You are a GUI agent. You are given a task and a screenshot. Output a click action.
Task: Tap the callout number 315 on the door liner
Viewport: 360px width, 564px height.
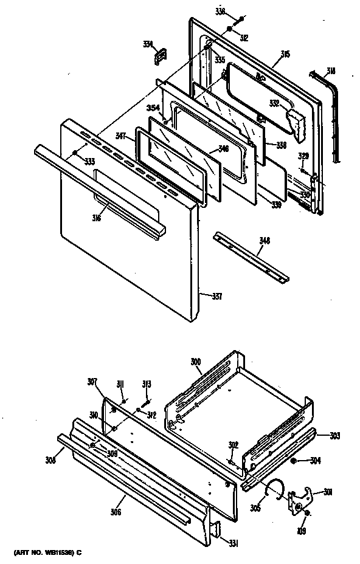tap(285, 54)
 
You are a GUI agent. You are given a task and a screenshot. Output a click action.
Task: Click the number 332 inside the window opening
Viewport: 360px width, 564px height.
tap(275, 103)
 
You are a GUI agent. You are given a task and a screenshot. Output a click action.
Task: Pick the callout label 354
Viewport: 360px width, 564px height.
tap(153, 107)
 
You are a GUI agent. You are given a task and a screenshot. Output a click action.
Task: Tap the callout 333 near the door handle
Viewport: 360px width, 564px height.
tap(89, 161)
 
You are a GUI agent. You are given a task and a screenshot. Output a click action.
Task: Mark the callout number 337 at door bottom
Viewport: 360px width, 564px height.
tap(216, 297)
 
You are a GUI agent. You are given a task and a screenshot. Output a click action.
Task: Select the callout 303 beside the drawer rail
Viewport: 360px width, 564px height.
tap(334, 436)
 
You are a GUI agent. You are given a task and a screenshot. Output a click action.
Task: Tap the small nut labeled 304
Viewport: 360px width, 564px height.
tap(294, 461)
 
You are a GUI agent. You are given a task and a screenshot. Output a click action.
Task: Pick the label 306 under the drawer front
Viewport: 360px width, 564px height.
tap(116, 512)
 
